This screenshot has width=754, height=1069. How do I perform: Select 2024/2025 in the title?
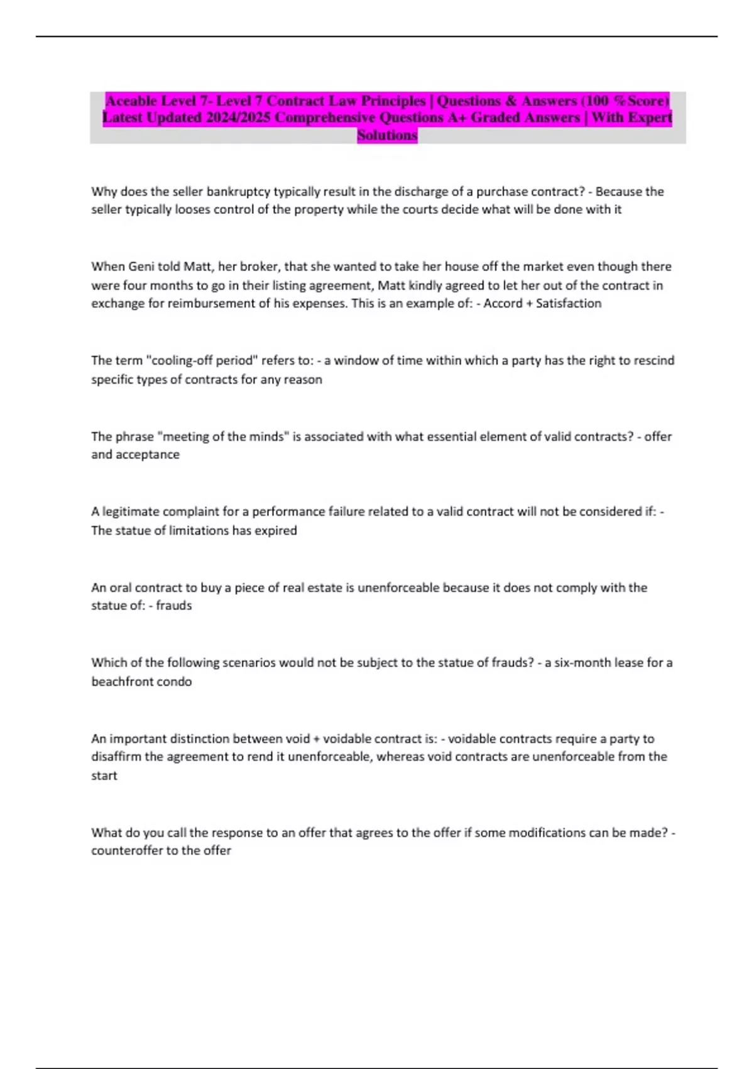pos(238,118)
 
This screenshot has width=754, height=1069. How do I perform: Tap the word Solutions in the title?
pos(387,135)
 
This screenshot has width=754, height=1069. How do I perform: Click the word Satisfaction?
pos(569,303)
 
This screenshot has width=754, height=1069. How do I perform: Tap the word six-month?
pos(589,662)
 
